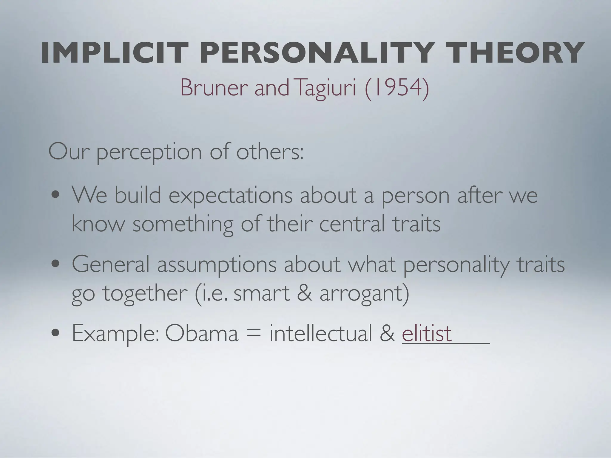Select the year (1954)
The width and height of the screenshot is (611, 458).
(397, 88)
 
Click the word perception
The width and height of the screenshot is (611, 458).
(149, 153)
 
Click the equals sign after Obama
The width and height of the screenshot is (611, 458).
(254, 334)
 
